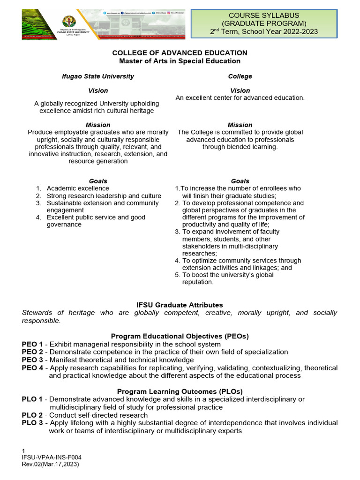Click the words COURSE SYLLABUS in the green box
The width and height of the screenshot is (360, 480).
[267, 15]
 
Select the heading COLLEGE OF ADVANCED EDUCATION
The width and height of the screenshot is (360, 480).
[180, 53]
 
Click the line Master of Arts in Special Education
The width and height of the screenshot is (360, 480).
[180, 61]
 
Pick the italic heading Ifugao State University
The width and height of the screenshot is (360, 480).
[98, 76]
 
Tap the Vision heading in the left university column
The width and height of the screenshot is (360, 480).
[98, 90]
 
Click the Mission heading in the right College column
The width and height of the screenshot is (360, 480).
[240, 125]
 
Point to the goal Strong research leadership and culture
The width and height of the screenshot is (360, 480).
[104, 196]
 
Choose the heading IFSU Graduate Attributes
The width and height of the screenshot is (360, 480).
[180, 305]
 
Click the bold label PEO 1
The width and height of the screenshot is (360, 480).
[32, 344]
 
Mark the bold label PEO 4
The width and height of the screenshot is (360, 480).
[32, 368]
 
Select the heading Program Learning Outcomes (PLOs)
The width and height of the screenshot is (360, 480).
[180, 391]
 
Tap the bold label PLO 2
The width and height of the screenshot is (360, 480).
[32, 415]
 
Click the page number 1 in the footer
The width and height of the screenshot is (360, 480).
[23, 451]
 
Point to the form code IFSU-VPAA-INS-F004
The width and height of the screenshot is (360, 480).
[48, 457]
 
